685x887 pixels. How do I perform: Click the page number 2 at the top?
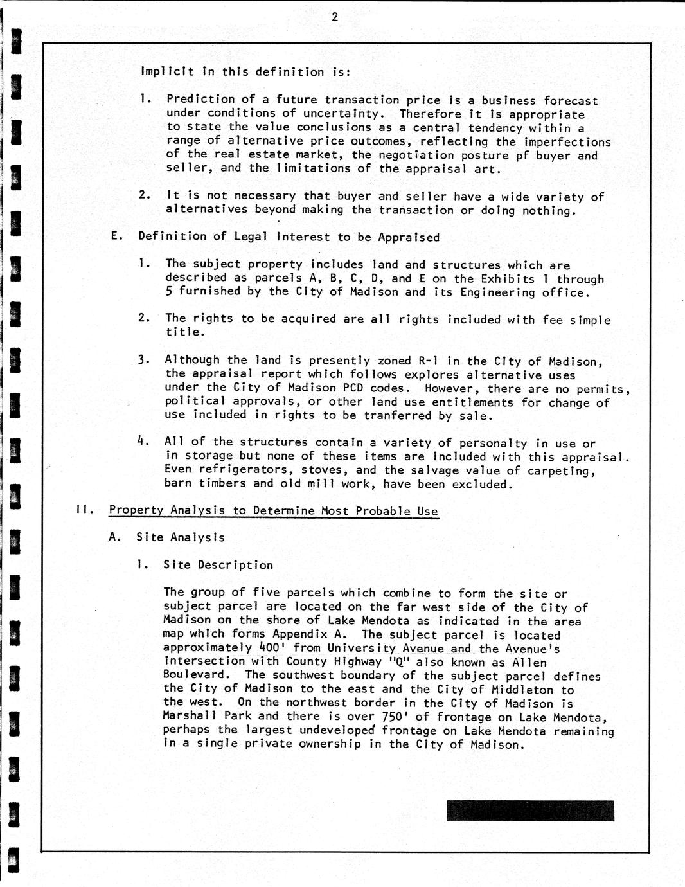click(x=335, y=17)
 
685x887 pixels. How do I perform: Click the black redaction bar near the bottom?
click(x=530, y=811)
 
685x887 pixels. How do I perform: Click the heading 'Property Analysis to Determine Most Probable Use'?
click(x=273, y=511)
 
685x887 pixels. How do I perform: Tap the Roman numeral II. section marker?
click(x=84, y=510)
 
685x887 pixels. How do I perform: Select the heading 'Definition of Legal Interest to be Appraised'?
click(x=289, y=237)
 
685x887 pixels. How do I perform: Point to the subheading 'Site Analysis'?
click(x=181, y=537)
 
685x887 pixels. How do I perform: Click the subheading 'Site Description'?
click(x=218, y=565)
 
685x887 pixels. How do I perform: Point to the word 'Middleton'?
click(x=522, y=690)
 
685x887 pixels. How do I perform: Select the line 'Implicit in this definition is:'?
click(x=245, y=72)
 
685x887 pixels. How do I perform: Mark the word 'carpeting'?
click(x=561, y=471)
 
